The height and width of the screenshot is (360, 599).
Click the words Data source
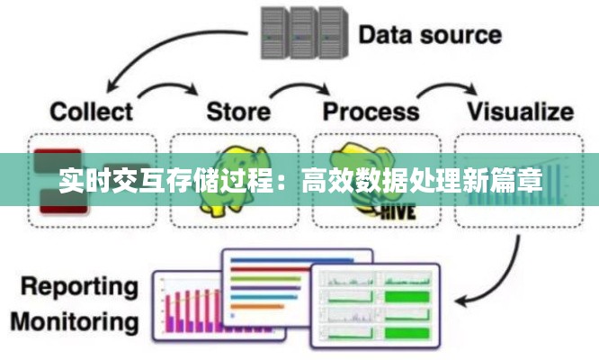(x=431, y=36)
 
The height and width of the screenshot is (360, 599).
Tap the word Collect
(x=92, y=112)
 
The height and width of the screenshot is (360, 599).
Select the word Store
(x=238, y=112)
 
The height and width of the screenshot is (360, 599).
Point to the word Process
(x=371, y=112)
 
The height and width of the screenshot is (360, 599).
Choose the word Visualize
(x=519, y=112)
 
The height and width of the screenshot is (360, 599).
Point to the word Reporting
(x=80, y=288)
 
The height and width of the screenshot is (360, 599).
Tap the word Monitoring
(x=80, y=321)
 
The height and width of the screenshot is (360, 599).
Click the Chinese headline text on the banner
(x=299, y=180)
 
